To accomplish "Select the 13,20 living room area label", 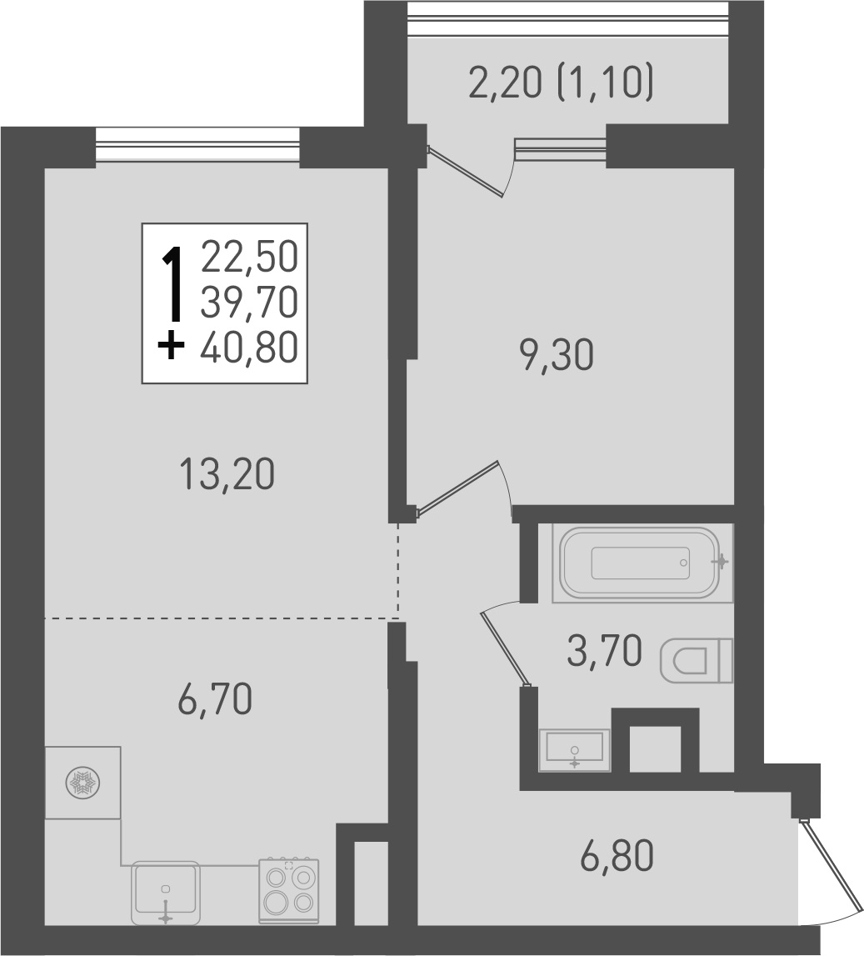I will point(227,475).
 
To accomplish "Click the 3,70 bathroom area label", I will point(604,651).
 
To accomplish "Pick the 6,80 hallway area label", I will point(617,856).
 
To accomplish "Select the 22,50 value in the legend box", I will point(249,257).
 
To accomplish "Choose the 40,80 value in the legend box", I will point(249,348).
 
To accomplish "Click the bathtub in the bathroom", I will point(640,563).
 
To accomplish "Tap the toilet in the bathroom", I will point(696,661).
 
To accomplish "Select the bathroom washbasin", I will point(575,749).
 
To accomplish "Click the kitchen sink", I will point(166,893).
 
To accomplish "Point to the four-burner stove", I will point(289,889).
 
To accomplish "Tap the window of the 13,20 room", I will point(197,145).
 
